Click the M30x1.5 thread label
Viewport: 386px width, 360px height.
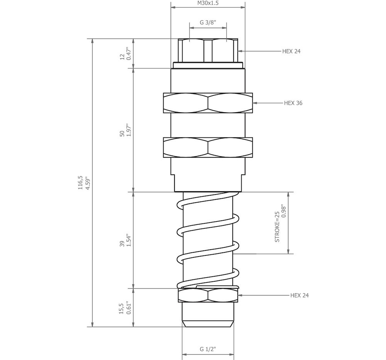click(208, 3)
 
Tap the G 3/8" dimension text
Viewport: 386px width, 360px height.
click(208, 23)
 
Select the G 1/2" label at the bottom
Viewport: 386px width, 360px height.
click(208, 349)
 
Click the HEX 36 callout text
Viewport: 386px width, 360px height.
click(293, 103)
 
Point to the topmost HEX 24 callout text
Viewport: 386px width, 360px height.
click(291, 51)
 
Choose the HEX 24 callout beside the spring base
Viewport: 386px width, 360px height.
click(299, 296)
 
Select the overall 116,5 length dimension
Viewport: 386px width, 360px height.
click(80, 183)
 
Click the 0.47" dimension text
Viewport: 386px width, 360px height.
click(129, 54)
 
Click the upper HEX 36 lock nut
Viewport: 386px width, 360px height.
click(208, 103)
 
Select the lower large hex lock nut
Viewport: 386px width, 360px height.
click(208, 147)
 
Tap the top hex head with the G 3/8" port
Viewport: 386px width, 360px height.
click(208, 50)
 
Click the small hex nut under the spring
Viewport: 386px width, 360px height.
click(208, 296)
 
